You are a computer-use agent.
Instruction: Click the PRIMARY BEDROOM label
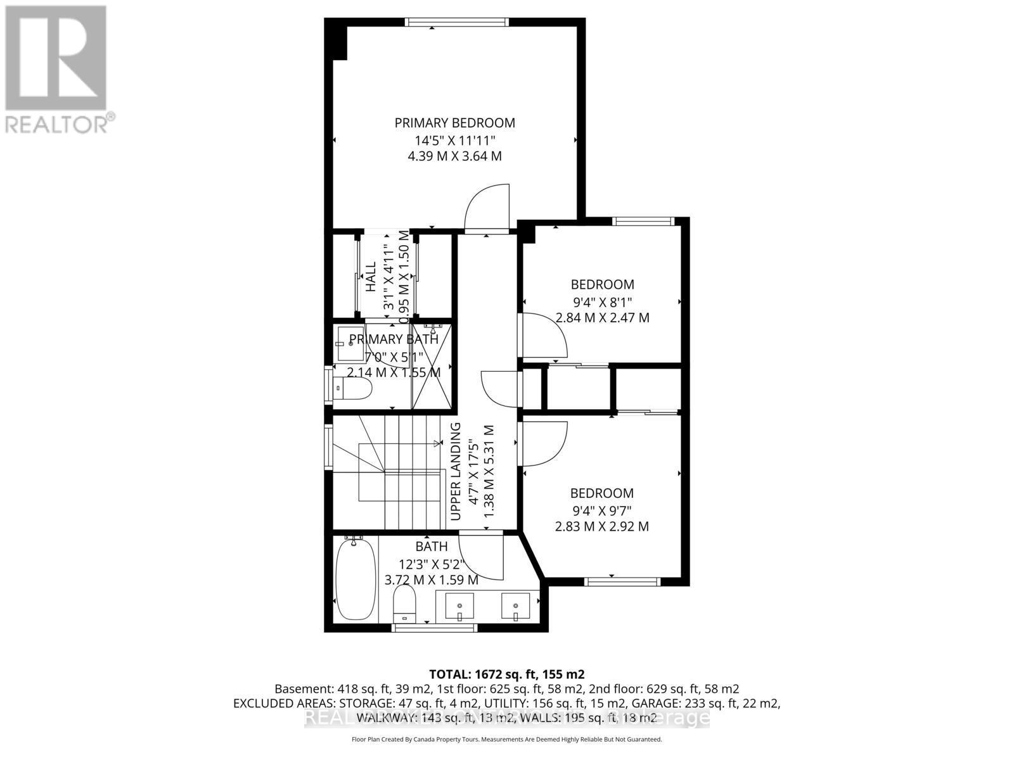point(454,123)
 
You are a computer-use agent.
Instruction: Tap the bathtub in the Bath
point(354,580)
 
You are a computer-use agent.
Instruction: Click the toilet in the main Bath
point(404,603)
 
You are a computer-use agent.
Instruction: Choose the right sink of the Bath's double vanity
point(515,607)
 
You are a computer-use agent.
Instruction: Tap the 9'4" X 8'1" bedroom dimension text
point(602,301)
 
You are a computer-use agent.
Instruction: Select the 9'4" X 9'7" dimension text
point(601,510)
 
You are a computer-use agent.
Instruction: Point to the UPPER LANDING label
point(455,472)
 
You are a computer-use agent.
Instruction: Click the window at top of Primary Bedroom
point(456,22)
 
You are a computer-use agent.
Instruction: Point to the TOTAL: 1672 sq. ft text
point(506,674)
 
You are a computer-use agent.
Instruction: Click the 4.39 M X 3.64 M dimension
point(454,156)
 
